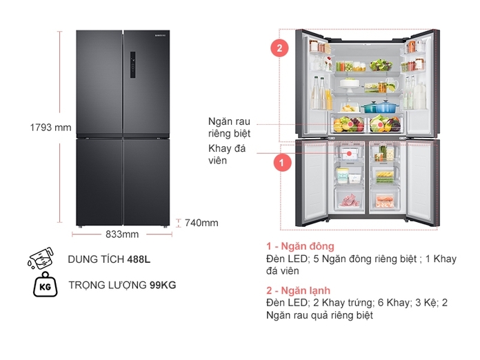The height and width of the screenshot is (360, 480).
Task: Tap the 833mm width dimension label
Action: [122, 234]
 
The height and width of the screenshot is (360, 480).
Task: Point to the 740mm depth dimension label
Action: [201, 223]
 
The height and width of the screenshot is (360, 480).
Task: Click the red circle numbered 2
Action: [279, 49]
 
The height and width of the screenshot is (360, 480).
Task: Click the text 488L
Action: [139, 260]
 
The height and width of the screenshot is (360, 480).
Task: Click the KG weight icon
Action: [45, 285]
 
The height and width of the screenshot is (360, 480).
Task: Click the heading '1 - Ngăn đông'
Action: [300, 246]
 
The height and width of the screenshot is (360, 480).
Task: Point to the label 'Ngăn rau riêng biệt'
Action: [229, 126]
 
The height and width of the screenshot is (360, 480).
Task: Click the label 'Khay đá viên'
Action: [223, 154]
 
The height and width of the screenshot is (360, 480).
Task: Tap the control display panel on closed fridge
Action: [131, 66]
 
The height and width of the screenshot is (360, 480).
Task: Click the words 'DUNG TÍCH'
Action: [96, 260]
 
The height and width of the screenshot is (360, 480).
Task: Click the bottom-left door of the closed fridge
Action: [99, 181]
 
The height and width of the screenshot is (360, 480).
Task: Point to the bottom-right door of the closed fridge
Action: [146, 181]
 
